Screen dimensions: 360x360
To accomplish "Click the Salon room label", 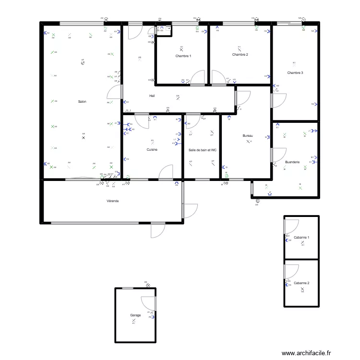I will click(x=82, y=102).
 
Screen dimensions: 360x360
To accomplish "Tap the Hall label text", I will click(x=152, y=96).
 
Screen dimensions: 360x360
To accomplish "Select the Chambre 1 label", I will click(x=183, y=56).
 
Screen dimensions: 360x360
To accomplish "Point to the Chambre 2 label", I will click(x=240, y=55).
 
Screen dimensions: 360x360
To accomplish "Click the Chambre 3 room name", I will click(x=295, y=73).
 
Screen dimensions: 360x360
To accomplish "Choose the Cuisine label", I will click(x=152, y=150).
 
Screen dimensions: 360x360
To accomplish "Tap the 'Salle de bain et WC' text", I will click(x=203, y=150).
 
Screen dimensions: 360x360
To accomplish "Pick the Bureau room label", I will click(x=248, y=136).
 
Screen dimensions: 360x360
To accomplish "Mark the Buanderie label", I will click(x=292, y=162).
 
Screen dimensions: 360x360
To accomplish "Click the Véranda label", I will click(x=113, y=201).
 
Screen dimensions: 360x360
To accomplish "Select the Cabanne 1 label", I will click(x=301, y=238).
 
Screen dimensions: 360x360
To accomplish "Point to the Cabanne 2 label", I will click(x=301, y=283).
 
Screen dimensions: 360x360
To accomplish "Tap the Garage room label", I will click(x=135, y=315).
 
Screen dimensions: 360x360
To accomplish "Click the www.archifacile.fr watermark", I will click(x=306, y=353).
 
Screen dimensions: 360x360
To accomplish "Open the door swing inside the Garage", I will click(x=149, y=303).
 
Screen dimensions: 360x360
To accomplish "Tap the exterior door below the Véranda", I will click(x=158, y=230).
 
